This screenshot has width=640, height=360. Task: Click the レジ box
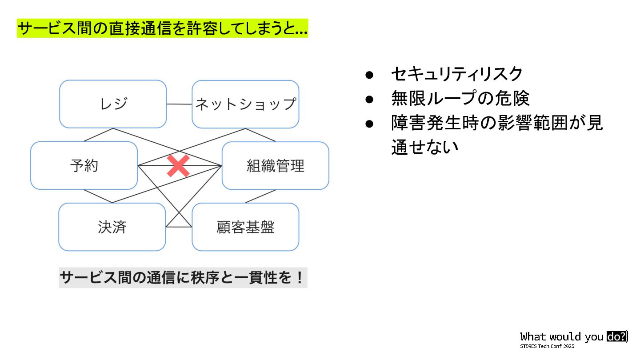tap(113, 104)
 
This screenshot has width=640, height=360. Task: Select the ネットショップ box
tap(245, 104)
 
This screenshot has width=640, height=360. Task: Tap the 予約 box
tap(84, 165)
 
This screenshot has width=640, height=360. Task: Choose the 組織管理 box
tap(276, 165)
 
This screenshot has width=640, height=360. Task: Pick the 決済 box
tap(112, 227)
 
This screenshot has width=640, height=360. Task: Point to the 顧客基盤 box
tap(245, 227)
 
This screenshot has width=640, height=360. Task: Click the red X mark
tap(178, 166)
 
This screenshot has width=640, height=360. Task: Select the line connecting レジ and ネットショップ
tap(179, 104)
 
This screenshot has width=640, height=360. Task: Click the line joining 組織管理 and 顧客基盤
tap(260, 196)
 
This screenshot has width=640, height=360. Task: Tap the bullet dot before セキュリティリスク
tap(368, 74)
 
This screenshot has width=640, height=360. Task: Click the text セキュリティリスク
tap(456, 74)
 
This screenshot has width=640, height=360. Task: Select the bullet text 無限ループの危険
tap(460, 98)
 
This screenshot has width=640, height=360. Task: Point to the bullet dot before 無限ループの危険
tap(368, 99)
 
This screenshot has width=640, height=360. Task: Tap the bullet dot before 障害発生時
tap(368, 123)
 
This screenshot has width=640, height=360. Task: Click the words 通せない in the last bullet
tap(424, 147)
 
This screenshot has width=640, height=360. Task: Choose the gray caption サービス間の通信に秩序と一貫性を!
tap(183, 278)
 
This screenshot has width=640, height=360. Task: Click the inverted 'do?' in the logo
tap(616, 336)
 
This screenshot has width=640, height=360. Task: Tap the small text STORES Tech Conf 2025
tap(547, 346)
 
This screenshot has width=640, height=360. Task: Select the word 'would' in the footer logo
tap(566, 336)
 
